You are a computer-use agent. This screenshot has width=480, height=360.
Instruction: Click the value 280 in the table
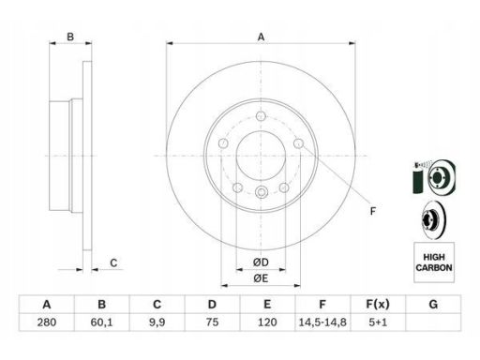[47, 322]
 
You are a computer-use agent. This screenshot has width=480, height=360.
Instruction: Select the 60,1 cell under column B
[101, 322]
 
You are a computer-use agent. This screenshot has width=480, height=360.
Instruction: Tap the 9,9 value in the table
[157, 322]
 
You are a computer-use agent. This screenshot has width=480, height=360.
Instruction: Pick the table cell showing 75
[212, 322]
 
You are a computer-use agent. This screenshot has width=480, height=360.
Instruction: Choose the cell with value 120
[267, 322]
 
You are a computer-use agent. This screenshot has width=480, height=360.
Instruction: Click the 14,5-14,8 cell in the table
[322, 322]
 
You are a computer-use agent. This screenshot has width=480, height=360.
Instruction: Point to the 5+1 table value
[378, 322]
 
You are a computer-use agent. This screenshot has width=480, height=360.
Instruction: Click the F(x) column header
[378, 305]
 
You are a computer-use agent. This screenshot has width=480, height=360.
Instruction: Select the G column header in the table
[433, 305]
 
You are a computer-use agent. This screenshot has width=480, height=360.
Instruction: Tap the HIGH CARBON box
[434, 262]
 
